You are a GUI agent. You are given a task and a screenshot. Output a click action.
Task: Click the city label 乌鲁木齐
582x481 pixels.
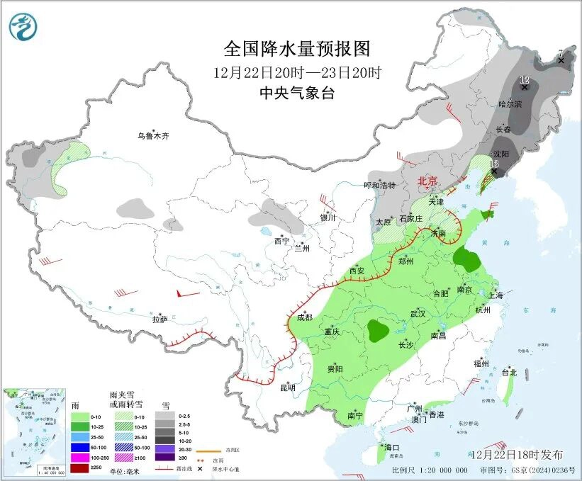[x=154, y=135]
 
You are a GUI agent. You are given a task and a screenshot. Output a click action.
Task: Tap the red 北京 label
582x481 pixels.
[x=428, y=181]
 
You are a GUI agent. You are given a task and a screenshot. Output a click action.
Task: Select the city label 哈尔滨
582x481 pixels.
[x=510, y=104]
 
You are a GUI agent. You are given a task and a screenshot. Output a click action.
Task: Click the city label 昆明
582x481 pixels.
[x=287, y=387]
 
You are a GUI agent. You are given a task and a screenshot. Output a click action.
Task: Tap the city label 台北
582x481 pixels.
[x=509, y=372]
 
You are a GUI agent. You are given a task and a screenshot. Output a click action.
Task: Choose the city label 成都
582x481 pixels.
[x=304, y=317]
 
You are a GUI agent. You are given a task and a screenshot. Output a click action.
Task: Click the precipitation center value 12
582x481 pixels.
[x=525, y=79]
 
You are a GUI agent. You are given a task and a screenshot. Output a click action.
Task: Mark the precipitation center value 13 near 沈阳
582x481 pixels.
[x=494, y=164]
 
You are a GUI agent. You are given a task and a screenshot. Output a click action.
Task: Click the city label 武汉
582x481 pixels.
[x=418, y=313]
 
